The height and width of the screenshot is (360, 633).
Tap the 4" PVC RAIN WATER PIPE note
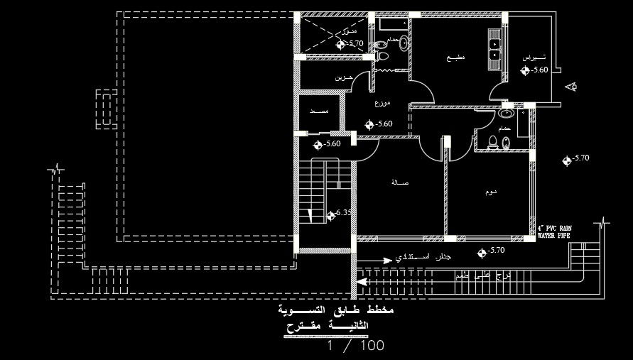(x=559, y=231)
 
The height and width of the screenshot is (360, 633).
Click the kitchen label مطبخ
(x=455, y=58)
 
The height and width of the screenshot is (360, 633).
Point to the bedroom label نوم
(x=490, y=192)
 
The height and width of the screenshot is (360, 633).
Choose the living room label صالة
(x=399, y=182)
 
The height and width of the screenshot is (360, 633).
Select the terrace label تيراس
(x=534, y=57)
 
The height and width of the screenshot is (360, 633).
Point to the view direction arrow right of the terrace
(x=571, y=87)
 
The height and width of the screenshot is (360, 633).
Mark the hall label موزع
(x=382, y=103)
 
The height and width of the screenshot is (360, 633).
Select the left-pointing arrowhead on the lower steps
(x=362, y=281)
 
